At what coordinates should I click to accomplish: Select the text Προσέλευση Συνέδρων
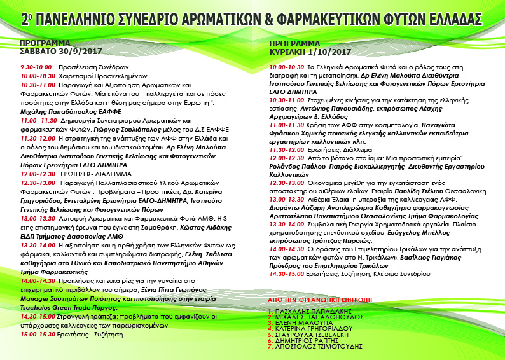85,67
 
